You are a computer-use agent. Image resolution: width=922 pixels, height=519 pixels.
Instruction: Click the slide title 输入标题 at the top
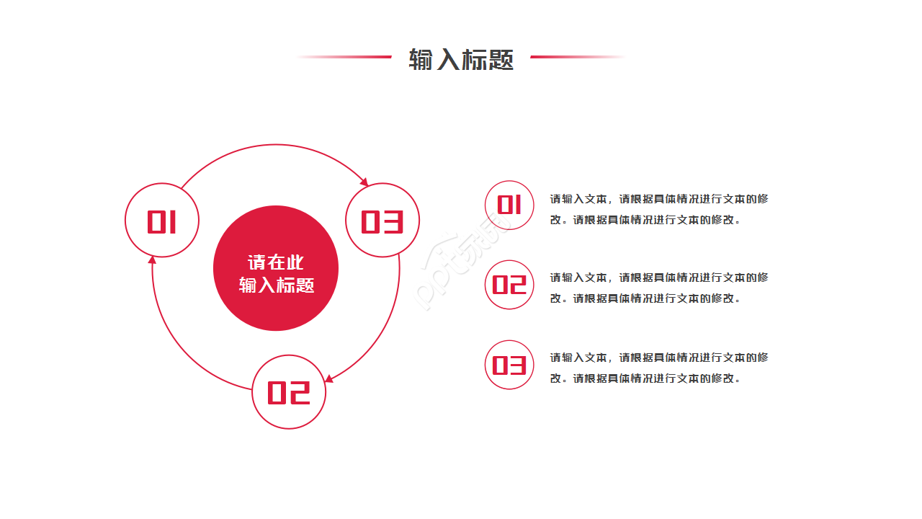(x=461, y=59)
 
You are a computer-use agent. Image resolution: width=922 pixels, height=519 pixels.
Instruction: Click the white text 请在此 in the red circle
(x=276, y=262)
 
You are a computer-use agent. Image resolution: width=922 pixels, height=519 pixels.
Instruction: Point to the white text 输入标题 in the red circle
(x=277, y=285)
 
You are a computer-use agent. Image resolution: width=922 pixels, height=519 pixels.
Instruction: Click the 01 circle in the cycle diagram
(x=162, y=221)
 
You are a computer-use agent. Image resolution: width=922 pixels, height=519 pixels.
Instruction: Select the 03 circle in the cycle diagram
(x=382, y=221)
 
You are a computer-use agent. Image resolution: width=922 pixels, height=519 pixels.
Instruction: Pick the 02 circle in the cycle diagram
(x=289, y=392)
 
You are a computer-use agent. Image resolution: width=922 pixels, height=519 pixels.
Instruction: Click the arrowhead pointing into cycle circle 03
(x=364, y=182)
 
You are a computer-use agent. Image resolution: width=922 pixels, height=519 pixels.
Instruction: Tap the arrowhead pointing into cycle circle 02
(x=328, y=378)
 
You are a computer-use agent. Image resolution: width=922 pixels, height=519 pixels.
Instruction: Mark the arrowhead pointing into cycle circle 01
(x=152, y=260)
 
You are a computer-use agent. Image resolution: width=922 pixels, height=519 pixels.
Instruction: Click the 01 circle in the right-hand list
(x=509, y=205)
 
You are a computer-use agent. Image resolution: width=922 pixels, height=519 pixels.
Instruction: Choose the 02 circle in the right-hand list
(x=509, y=285)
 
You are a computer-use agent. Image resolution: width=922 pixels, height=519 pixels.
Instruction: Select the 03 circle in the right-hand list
(x=509, y=365)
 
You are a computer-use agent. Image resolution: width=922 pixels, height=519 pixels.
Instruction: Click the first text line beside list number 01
(x=659, y=199)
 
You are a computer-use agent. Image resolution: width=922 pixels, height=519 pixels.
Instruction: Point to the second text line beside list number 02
(x=645, y=298)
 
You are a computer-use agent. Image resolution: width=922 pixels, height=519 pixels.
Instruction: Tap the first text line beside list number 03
(x=659, y=358)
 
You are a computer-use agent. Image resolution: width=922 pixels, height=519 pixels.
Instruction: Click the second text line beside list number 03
(x=645, y=378)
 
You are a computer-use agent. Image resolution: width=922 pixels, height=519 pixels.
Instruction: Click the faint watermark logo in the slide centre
(x=465, y=263)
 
